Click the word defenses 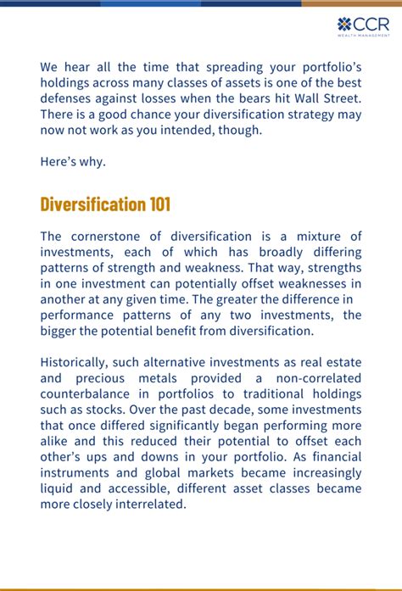[x=69, y=98]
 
